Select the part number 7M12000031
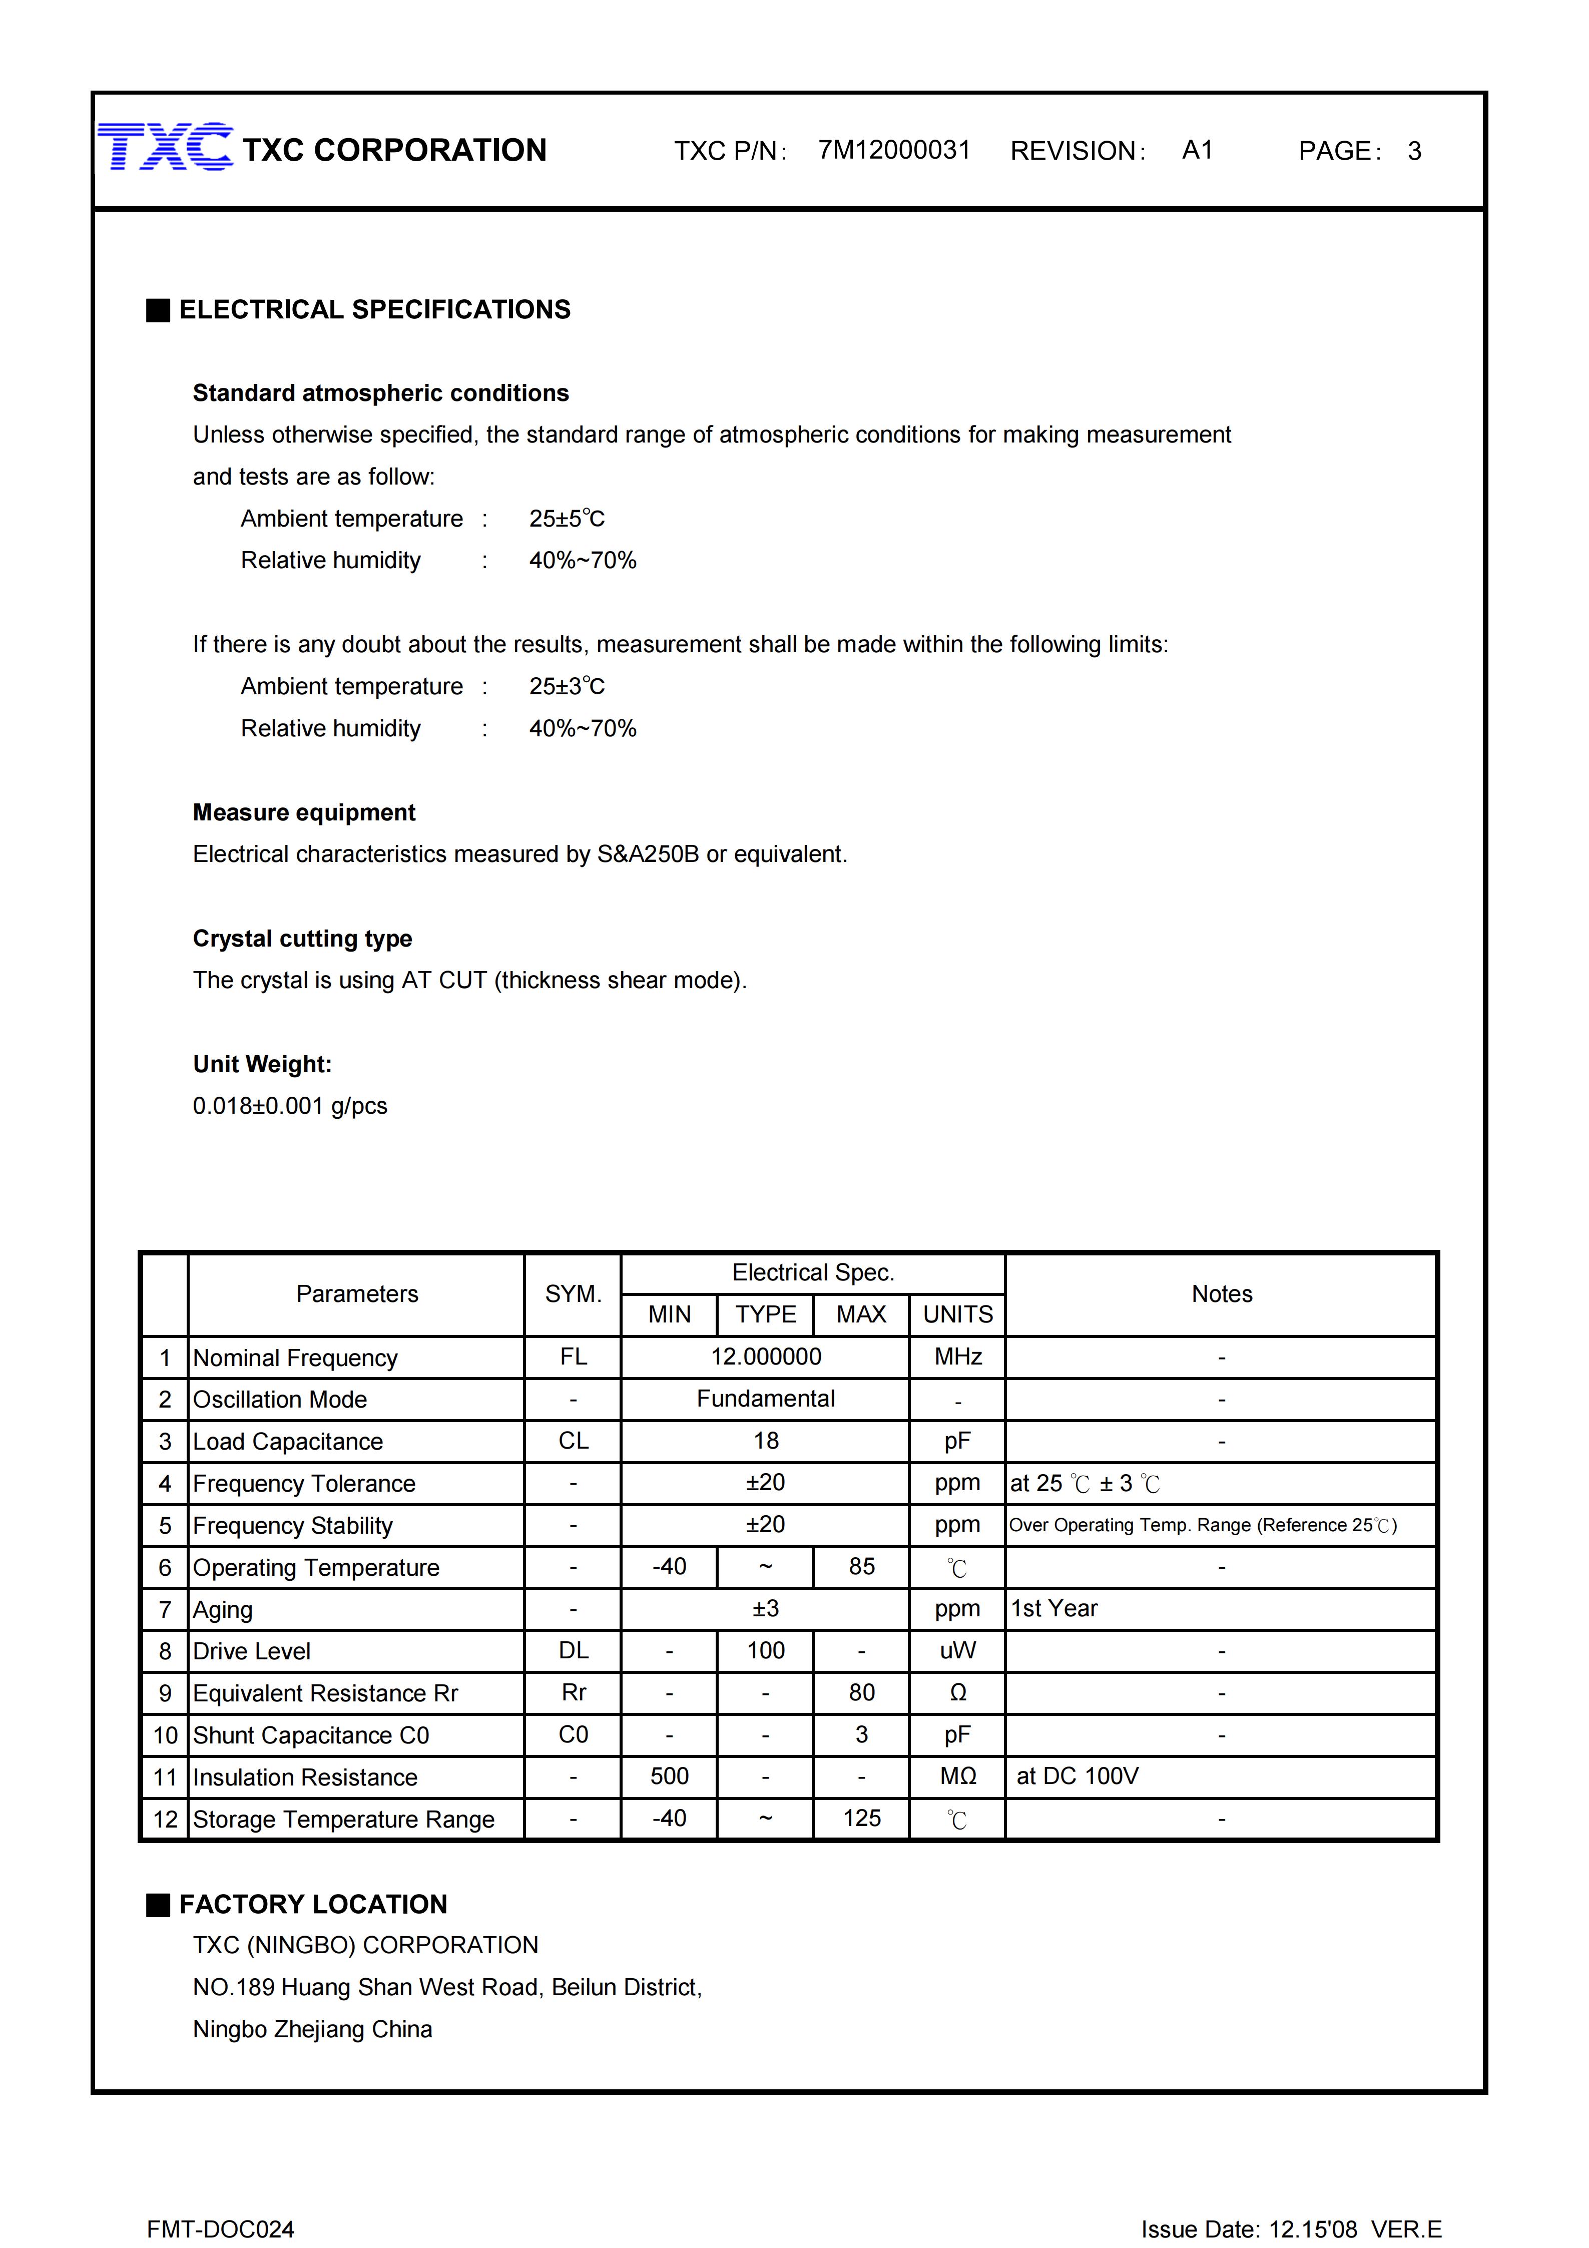point(894,150)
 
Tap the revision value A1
point(1197,150)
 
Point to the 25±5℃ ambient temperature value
point(567,519)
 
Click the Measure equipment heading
point(303,812)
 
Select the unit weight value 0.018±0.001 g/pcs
point(290,1106)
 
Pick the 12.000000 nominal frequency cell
point(766,1357)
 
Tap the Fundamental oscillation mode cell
point(766,1399)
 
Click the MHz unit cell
point(957,1357)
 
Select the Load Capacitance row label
point(288,1441)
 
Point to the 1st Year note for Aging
point(1053,1609)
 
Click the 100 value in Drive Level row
point(766,1651)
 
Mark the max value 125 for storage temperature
point(862,1818)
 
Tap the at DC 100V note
point(1077,1776)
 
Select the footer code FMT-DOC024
point(220,2229)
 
